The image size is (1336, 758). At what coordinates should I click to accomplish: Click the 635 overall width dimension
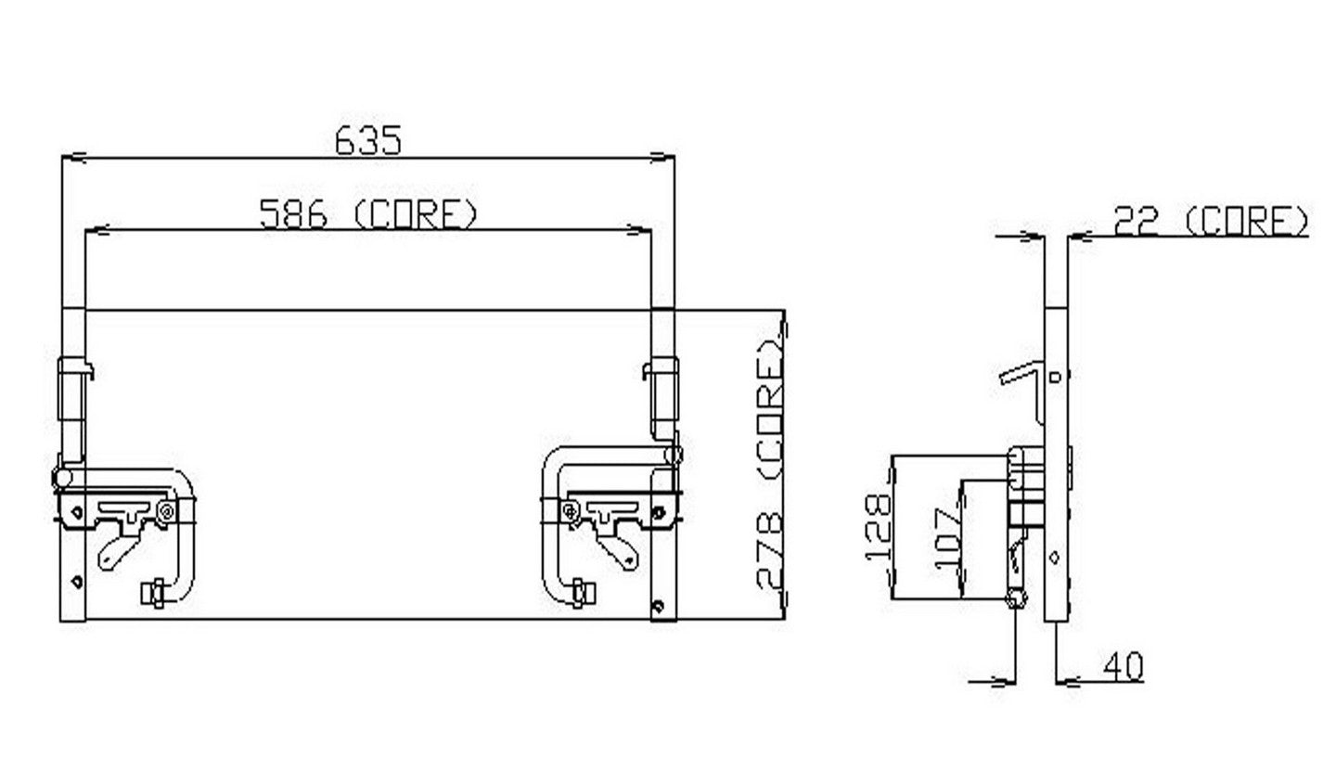368,141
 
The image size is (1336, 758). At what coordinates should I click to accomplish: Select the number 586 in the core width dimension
293,215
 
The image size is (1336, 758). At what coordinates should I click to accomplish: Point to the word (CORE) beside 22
1247,222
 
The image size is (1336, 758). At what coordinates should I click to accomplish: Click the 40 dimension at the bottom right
1124,665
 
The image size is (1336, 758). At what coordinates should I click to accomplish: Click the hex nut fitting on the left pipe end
154,590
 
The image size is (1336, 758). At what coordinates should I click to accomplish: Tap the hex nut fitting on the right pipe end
582,590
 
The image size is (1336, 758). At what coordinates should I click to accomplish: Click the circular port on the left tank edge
61,477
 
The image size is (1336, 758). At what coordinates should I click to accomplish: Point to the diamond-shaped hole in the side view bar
1055,557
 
